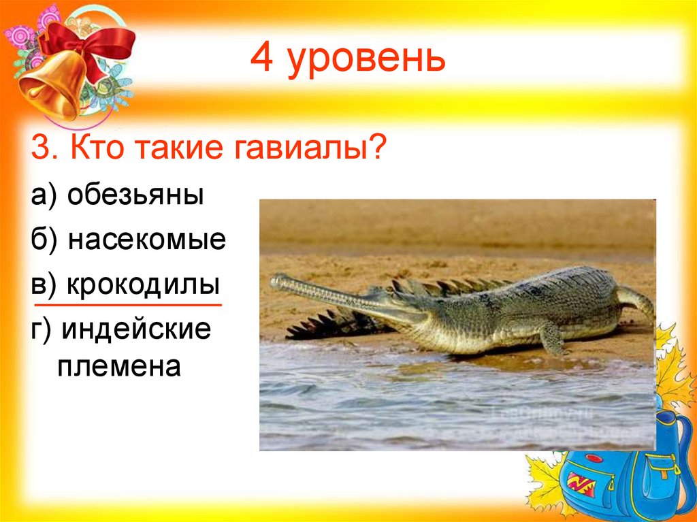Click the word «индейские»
135,328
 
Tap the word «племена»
118,368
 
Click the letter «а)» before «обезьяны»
43,197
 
